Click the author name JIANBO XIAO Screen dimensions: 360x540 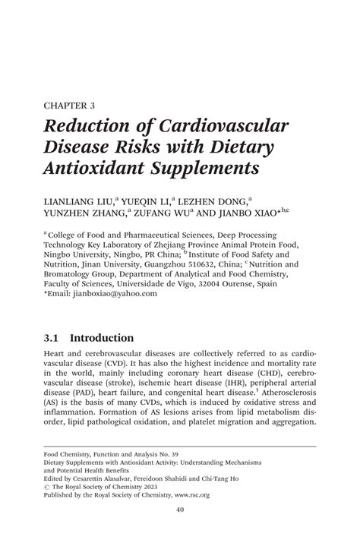(x=254, y=214)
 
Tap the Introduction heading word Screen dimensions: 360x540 (x=101, y=338)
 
